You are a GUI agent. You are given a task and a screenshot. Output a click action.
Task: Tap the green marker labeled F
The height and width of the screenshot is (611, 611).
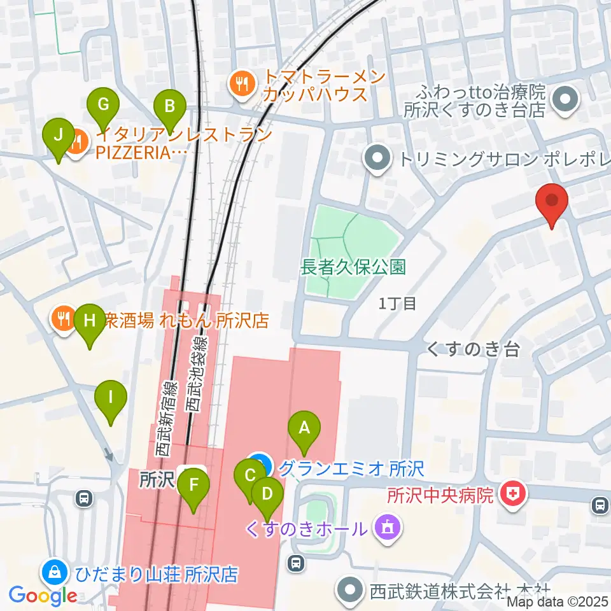pos(193,488)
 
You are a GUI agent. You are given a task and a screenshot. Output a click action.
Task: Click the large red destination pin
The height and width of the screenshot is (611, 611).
pos(552,201)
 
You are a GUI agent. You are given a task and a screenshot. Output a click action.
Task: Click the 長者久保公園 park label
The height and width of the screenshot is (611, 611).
pos(353,267)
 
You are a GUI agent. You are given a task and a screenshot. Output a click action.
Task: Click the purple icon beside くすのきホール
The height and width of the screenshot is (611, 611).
pos(386,528)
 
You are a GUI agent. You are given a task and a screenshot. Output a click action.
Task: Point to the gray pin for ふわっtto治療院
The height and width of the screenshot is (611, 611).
pos(564,99)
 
